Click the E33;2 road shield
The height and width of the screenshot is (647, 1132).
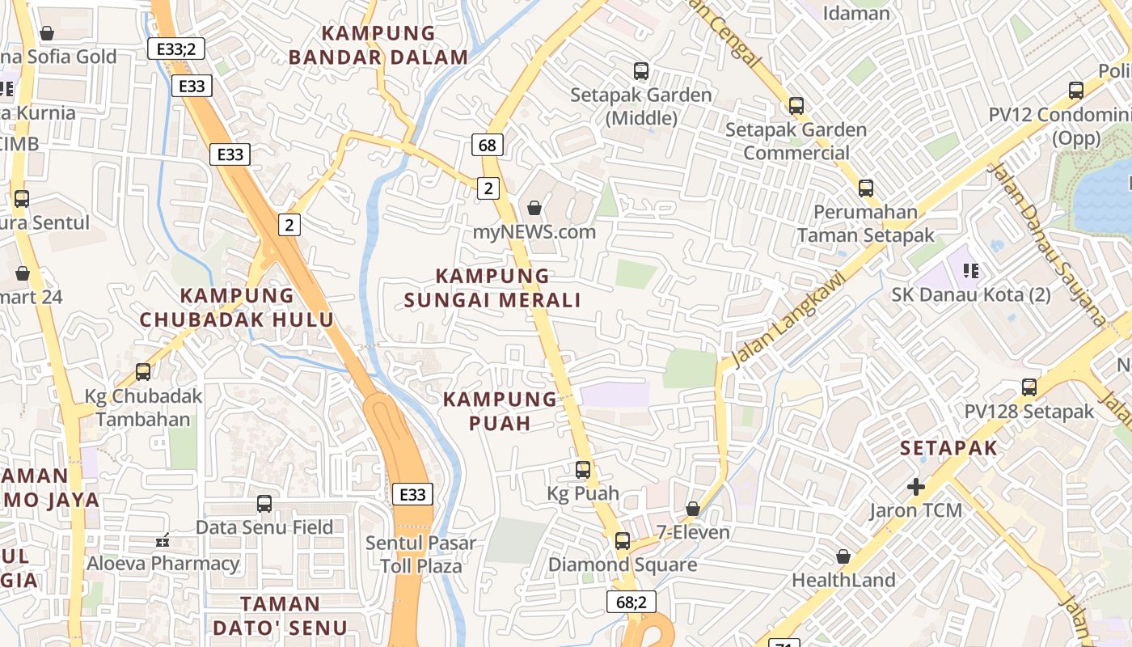176,49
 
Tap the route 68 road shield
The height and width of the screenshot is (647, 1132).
488,146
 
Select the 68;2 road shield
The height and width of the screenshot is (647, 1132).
631,601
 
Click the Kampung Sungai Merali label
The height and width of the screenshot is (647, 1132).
492,288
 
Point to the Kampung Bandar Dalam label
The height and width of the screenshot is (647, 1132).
378,45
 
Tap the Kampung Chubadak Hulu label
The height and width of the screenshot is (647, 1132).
237,307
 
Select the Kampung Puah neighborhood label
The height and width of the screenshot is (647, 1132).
500,411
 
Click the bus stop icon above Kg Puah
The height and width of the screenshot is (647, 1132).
583,469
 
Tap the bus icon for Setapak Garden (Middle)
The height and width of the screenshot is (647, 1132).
641,71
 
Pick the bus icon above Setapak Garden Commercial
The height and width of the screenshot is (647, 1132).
796,105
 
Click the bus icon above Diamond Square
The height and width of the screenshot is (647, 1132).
623,540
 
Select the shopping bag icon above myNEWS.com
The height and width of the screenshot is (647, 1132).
534,209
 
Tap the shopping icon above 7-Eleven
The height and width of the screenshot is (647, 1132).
693,509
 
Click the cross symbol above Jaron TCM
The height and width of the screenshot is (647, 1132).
916,487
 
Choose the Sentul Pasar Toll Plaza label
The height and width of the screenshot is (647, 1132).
420,554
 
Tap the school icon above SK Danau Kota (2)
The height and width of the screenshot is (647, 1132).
971,270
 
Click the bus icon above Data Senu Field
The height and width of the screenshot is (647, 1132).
264,504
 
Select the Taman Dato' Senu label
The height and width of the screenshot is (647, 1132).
281,615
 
